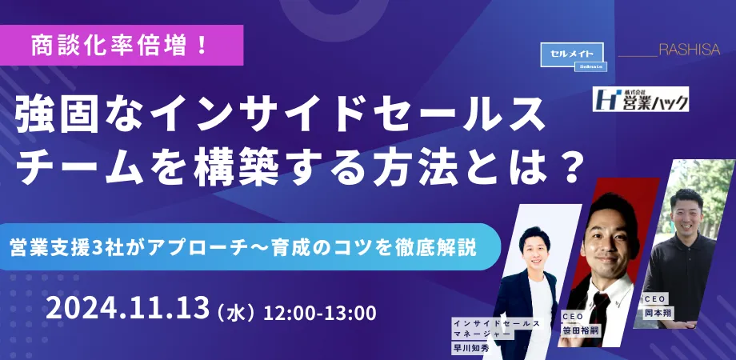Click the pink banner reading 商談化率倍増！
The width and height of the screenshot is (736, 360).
pos(121,45)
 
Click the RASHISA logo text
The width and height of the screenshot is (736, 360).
pos(690,50)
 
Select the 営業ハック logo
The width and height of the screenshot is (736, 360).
pos(641,99)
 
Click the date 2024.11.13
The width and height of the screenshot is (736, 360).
pos(127,308)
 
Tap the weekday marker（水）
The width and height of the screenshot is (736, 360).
pos(237,312)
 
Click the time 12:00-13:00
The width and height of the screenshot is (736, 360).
pos(320,313)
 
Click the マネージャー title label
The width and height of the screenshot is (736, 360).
pos(482,334)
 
